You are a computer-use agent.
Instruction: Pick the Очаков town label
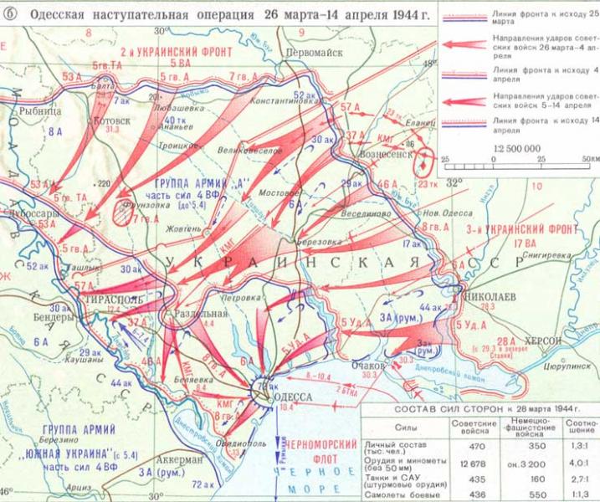[368, 366]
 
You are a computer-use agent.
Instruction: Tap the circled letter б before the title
[10, 8]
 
